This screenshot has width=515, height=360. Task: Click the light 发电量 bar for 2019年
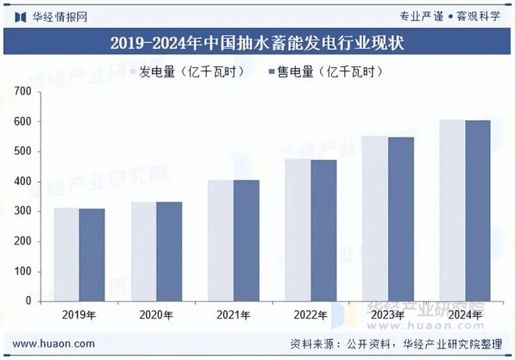click(x=66, y=255)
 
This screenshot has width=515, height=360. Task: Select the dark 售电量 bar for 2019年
click(x=91, y=255)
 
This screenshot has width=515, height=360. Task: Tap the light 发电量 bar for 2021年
click(x=220, y=241)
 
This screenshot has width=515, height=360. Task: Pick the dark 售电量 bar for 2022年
click(x=323, y=230)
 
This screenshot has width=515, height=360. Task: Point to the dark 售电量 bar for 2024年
click(x=478, y=211)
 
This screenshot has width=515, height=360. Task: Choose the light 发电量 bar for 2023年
click(x=375, y=219)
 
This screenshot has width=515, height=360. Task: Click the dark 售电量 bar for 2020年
click(x=169, y=251)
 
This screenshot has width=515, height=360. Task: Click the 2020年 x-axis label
click(x=156, y=315)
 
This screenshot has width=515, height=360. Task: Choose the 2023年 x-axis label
click(x=388, y=315)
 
